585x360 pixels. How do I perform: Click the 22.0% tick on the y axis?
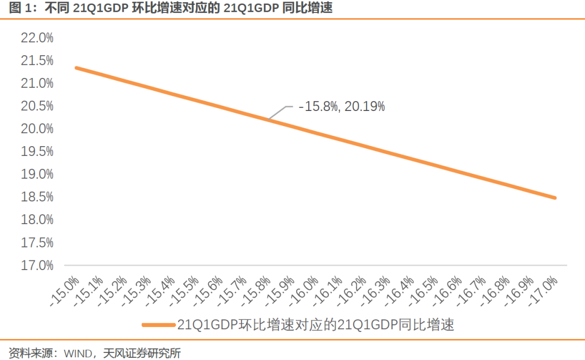(37, 38)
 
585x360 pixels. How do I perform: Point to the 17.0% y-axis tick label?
(37, 265)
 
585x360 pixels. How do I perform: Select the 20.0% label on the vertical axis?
(37, 129)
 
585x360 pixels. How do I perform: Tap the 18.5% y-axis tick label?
(37, 197)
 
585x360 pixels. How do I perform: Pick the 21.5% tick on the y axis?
(37, 61)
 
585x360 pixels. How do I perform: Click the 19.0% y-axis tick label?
(37, 174)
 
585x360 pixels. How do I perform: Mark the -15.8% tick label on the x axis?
(257, 291)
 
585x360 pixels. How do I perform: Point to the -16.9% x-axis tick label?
(520, 291)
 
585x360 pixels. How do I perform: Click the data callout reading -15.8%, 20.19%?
(342, 107)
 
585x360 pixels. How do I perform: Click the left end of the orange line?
(77, 68)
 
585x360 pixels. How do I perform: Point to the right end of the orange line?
(555, 198)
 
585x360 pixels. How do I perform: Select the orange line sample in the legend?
(159, 325)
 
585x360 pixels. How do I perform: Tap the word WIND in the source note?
(78, 354)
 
